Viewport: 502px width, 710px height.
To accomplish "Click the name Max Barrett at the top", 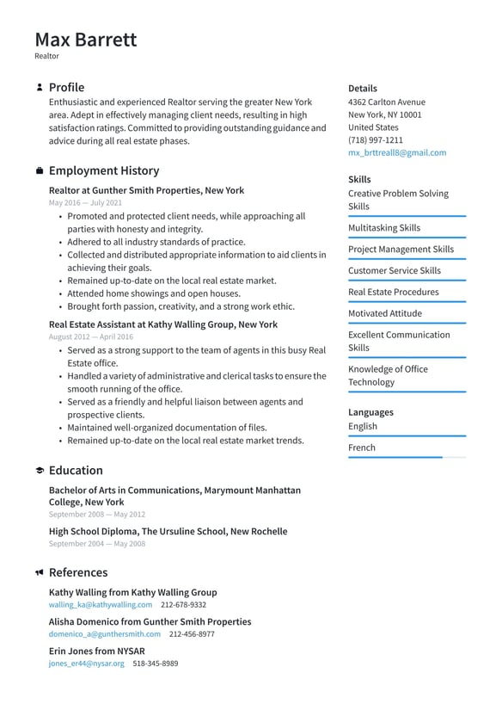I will coord(85,40).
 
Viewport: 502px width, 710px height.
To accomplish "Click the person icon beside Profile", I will coord(40,88).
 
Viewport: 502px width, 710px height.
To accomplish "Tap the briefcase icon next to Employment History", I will coord(40,171).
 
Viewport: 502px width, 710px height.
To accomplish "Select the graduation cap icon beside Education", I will coord(40,471).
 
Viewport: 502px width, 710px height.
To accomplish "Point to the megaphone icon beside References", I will coord(40,573).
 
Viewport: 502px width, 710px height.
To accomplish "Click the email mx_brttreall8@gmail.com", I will coord(396,152).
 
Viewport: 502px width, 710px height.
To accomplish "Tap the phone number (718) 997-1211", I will coord(375,139).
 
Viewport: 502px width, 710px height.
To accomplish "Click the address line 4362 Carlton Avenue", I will coord(386,102).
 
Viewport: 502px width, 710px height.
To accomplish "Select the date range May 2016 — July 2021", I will coord(85,203).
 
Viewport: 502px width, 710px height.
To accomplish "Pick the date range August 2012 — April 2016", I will coord(90,337).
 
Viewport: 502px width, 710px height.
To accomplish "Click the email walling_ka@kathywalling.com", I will coord(100,605).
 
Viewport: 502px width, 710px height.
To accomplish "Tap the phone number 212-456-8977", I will coord(192,634).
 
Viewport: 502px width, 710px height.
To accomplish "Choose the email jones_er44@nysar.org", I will coord(86,664).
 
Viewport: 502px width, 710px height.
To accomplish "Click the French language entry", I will coord(361,448).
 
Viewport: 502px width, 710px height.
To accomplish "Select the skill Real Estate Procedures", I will coord(393,292).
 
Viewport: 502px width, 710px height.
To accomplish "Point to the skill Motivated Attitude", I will coord(386,313).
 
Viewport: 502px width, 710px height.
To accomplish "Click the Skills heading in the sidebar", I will coord(359,179).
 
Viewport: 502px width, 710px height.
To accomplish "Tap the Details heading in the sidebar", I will coord(362,88).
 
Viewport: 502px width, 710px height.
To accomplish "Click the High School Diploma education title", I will coord(168,532).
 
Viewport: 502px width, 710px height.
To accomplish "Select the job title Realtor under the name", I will coord(46,56).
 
